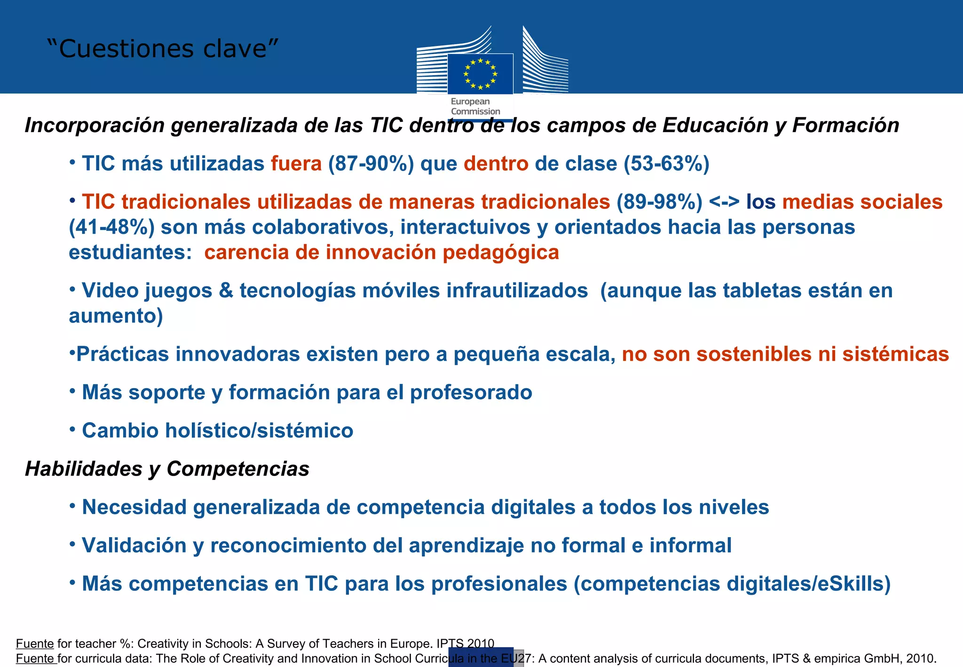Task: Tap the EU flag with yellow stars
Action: pos(480,74)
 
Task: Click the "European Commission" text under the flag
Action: pos(475,106)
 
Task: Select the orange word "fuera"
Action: pos(296,164)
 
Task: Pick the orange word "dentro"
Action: pos(496,164)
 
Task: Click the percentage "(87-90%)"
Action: pos(371,164)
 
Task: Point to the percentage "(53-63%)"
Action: pos(666,164)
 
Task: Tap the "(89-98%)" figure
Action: pos(659,202)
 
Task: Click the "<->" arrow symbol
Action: pos(724,202)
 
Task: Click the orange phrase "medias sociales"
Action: pos(862,202)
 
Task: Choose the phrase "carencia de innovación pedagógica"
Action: pos(382,253)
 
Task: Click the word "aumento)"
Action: pos(116,316)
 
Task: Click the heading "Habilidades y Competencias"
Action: pos(167,469)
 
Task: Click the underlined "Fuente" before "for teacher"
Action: pos(35,643)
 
